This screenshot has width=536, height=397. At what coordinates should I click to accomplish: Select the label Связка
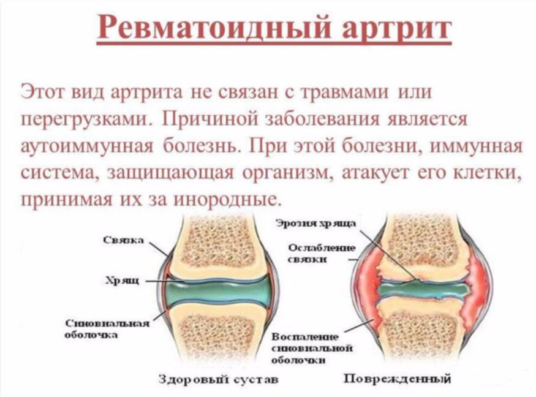coord(124,240)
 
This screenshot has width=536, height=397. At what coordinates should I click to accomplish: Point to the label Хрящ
coord(123,281)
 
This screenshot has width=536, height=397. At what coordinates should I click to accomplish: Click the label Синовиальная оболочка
coord(107,329)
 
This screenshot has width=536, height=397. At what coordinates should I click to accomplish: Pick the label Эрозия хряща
coord(316,224)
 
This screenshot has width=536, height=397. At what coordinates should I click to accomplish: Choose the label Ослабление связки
coord(322,254)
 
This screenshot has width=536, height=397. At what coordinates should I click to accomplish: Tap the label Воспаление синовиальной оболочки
coord(312,349)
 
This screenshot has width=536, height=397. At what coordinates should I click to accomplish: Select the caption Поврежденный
coord(397,379)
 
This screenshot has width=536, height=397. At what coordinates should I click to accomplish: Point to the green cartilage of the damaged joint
coord(423,290)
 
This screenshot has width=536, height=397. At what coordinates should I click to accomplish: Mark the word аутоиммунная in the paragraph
coord(86,146)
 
